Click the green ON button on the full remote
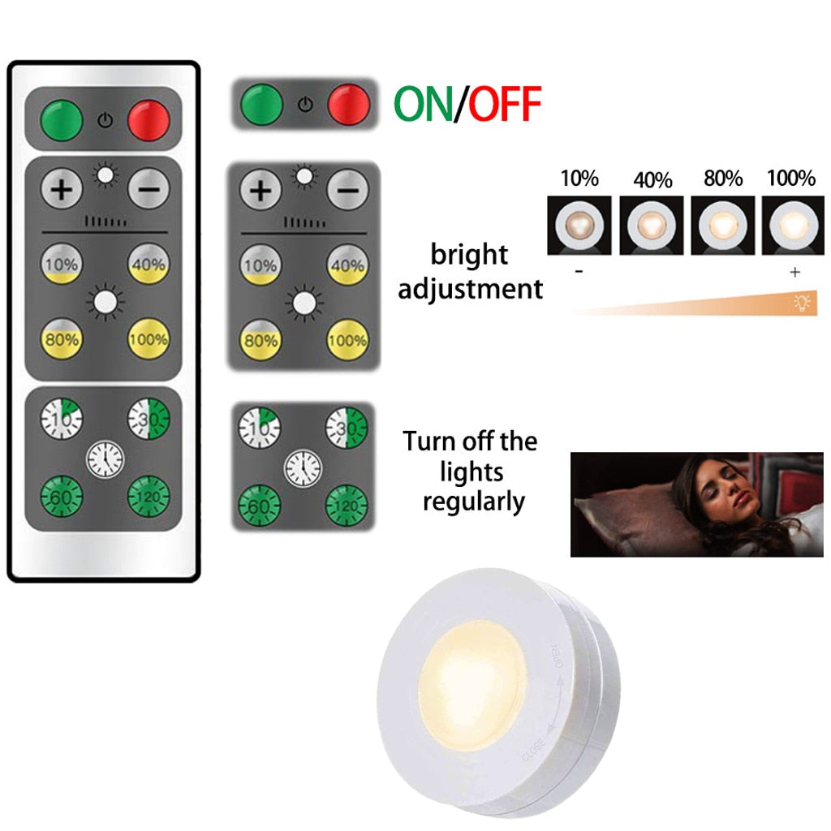[62, 119]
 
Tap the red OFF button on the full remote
[150, 119]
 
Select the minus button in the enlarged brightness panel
[347, 191]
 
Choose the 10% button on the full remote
[62, 265]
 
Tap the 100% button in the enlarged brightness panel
[347, 338]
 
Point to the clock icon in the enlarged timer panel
[303, 468]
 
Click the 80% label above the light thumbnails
[723, 179]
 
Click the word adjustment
[471, 288]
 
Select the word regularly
[474, 502]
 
